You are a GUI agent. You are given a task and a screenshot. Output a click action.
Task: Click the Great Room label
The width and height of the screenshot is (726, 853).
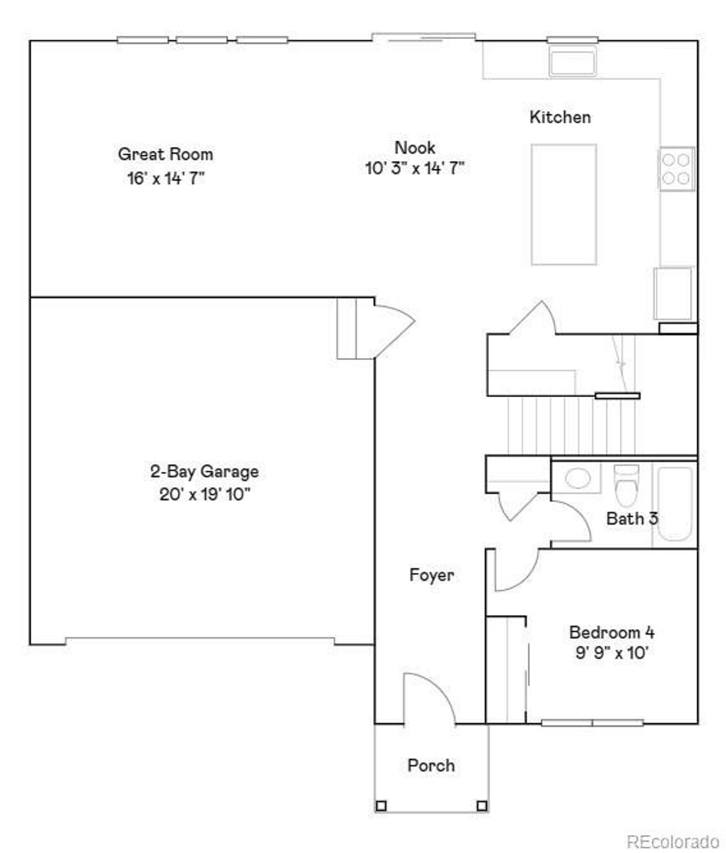[165, 154]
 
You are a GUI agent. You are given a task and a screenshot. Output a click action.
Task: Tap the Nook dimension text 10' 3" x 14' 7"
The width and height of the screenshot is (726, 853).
[415, 169]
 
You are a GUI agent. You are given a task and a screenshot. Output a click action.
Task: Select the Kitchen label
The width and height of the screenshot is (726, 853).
[560, 117]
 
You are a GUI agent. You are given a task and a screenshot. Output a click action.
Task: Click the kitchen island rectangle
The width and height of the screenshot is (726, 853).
[563, 204]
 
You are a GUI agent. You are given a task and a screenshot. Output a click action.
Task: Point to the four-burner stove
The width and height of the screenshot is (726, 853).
[676, 169]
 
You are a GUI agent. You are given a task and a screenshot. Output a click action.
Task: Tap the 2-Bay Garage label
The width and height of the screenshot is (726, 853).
[204, 471]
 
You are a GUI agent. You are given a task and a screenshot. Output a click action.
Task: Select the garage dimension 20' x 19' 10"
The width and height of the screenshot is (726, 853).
[204, 494]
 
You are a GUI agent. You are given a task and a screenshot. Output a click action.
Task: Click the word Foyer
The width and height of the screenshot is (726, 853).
[431, 575]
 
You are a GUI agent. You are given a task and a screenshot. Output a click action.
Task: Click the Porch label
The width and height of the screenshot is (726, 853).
[431, 765]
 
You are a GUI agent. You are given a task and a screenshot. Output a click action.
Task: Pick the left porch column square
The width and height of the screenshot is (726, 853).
[381, 805]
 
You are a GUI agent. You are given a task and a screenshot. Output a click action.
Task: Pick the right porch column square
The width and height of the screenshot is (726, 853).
[482, 805]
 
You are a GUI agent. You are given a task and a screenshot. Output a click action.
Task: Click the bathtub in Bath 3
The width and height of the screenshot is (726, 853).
[675, 503]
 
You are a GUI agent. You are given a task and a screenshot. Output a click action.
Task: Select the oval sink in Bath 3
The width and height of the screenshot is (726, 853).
[577, 478]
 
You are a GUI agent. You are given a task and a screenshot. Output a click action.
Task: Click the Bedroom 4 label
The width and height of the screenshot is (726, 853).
[611, 632]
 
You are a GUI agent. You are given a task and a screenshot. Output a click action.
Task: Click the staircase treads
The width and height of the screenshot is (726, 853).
[570, 426]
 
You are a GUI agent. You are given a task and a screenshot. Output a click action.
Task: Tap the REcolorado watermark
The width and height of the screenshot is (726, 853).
[672, 841]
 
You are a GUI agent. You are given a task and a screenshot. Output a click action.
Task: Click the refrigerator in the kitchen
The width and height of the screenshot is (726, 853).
[673, 293]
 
